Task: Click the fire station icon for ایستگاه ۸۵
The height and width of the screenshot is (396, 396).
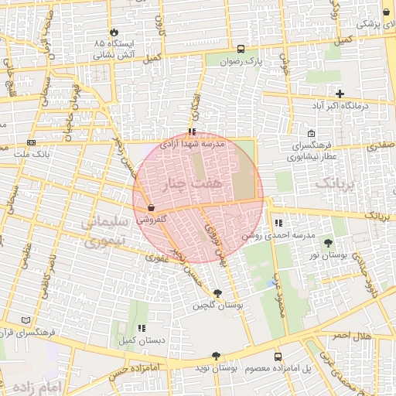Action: (x=115, y=32)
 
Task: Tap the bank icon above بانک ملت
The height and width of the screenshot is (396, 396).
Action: (x=31, y=142)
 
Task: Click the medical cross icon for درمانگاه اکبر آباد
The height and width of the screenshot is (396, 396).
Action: (x=340, y=94)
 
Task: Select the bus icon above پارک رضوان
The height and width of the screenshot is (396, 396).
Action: (x=242, y=47)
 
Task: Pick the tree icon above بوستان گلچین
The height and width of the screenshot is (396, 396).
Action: (x=217, y=293)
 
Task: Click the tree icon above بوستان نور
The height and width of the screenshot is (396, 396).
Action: (x=339, y=243)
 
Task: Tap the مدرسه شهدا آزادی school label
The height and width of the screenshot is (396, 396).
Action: (x=192, y=144)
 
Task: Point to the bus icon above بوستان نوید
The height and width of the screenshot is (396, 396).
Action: (x=216, y=356)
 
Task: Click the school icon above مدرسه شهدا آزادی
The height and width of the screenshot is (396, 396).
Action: (x=192, y=131)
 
